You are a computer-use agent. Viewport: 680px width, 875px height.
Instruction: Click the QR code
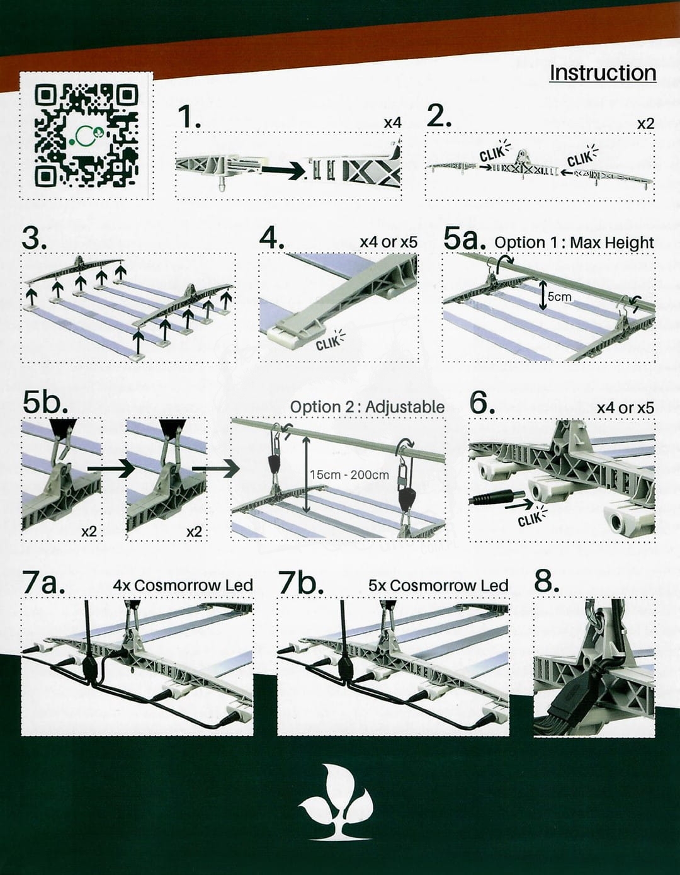tap(86, 135)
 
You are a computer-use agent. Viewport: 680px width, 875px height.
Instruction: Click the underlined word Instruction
tap(603, 73)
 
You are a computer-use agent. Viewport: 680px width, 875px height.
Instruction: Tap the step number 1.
tap(189, 117)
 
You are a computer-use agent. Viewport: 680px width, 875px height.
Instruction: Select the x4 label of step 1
tap(392, 123)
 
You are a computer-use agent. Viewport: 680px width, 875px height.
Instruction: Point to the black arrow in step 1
tap(284, 171)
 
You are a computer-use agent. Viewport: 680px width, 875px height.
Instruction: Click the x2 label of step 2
tap(646, 123)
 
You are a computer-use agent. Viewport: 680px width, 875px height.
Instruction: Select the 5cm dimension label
tap(559, 297)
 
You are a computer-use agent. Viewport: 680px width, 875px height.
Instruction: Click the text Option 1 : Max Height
tap(574, 243)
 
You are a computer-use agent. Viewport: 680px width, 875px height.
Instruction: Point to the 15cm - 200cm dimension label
tap(349, 475)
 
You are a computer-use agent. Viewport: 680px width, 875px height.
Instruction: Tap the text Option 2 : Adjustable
tap(367, 407)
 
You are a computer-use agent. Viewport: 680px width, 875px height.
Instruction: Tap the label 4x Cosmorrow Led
tap(183, 585)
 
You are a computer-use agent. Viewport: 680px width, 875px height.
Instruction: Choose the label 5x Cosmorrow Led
tap(438, 585)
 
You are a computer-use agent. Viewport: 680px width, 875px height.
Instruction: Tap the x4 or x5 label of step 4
tap(388, 242)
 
